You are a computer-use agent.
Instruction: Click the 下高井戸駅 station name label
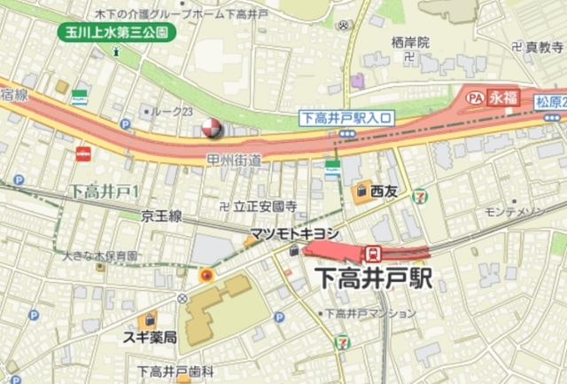(x=373, y=279)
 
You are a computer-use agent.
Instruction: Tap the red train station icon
(x=374, y=252)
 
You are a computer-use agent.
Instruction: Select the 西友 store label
(x=384, y=190)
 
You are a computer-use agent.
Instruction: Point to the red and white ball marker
(x=212, y=129)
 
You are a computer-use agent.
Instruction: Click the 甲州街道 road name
(x=234, y=161)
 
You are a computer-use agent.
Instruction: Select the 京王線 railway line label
(x=162, y=216)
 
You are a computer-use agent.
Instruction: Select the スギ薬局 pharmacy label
(x=150, y=338)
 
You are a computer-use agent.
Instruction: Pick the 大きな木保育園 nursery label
(x=100, y=255)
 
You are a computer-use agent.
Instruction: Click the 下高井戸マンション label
(x=369, y=313)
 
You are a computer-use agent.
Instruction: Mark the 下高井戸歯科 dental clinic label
(x=176, y=372)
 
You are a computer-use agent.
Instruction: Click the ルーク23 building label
(x=174, y=111)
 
